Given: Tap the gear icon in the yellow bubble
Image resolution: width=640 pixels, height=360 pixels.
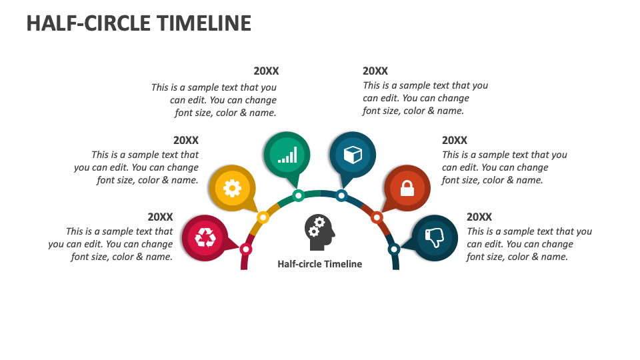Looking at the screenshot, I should click(231, 189).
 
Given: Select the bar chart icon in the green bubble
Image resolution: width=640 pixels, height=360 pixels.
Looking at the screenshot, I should click(287, 155).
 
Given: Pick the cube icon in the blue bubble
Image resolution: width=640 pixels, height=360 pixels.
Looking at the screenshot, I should click(353, 155).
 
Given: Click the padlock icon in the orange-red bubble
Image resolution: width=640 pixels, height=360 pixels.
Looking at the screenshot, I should click(407, 189).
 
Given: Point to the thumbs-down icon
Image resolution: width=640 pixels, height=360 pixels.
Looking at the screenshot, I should click(435, 237).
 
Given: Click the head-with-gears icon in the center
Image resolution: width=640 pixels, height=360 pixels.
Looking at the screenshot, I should click(319, 228).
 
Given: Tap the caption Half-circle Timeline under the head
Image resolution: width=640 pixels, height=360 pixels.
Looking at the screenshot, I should click(319, 264).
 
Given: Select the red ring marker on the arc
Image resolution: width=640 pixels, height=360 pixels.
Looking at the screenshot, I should click(246, 249).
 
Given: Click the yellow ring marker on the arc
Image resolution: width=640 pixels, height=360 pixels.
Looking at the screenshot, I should click(263, 217).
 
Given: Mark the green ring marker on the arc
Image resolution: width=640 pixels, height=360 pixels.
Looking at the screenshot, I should click(299, 195).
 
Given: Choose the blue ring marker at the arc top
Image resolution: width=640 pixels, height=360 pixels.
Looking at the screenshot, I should click(341, 195).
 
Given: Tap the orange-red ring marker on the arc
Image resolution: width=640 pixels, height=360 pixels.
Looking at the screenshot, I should click(377, 217).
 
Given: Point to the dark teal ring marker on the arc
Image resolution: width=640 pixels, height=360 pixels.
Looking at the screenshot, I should click(394, 249).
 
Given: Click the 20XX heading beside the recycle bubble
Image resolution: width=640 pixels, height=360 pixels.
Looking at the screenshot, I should click(160, 217).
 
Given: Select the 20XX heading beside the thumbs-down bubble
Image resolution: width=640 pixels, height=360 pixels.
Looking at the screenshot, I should click(479, 217).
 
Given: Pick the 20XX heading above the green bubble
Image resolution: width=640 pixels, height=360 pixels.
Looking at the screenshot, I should click(266, 71).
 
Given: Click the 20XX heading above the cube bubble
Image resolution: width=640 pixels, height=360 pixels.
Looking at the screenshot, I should click(375, 71).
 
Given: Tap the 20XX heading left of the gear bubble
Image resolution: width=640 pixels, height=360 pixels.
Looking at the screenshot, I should click(186, 140).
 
